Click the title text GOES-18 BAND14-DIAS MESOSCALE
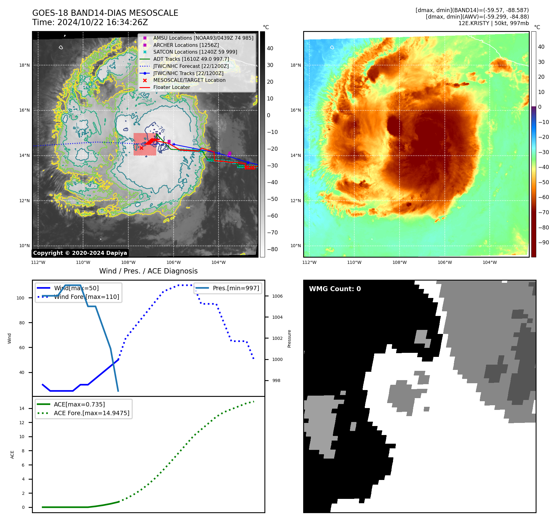[x=105, y=13]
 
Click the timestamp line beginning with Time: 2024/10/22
[x=90, y=22]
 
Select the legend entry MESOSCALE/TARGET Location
[x=189, y=80]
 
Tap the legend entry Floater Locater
[x=171, y=87]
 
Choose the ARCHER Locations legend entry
[x=186, y=45]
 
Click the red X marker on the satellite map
[x=141, y=148]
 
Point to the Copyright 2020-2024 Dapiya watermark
[x=80, y=253]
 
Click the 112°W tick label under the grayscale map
[x=38, y=262]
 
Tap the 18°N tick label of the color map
[x=295, y=65]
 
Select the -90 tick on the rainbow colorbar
[x=543, y=242]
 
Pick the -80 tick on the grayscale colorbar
[x=272, y=249]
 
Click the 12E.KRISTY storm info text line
[x=493, y=23]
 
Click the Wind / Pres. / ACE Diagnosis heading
[x=148, y=271]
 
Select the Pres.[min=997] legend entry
[x=236, y=288]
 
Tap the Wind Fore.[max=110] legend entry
[x=86, y=297]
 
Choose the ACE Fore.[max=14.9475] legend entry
[x=91, y=413]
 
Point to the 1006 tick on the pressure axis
[x=277, y=296]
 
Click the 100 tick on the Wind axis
[x=20, y=298]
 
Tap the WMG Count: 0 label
[x=335, y=289]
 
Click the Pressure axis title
[x=289, y=339]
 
